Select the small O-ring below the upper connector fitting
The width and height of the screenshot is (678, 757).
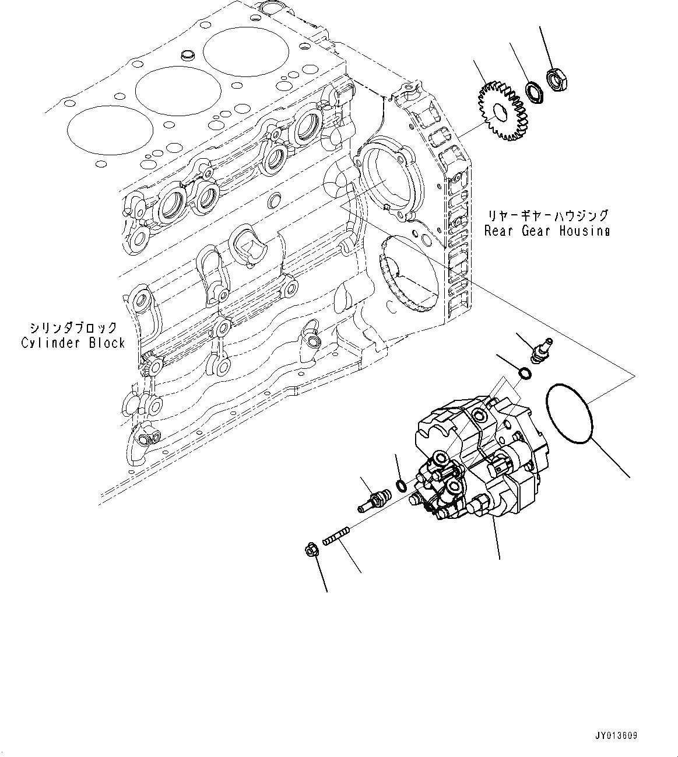click(x=524, y=374)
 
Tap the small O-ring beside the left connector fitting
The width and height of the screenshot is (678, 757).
click(x=401, y=484)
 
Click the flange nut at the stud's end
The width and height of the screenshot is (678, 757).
click(x=312, y=549)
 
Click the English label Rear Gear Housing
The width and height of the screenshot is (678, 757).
click(x=547, y=231)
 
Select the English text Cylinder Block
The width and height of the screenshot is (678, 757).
click(x=73, y=343)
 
